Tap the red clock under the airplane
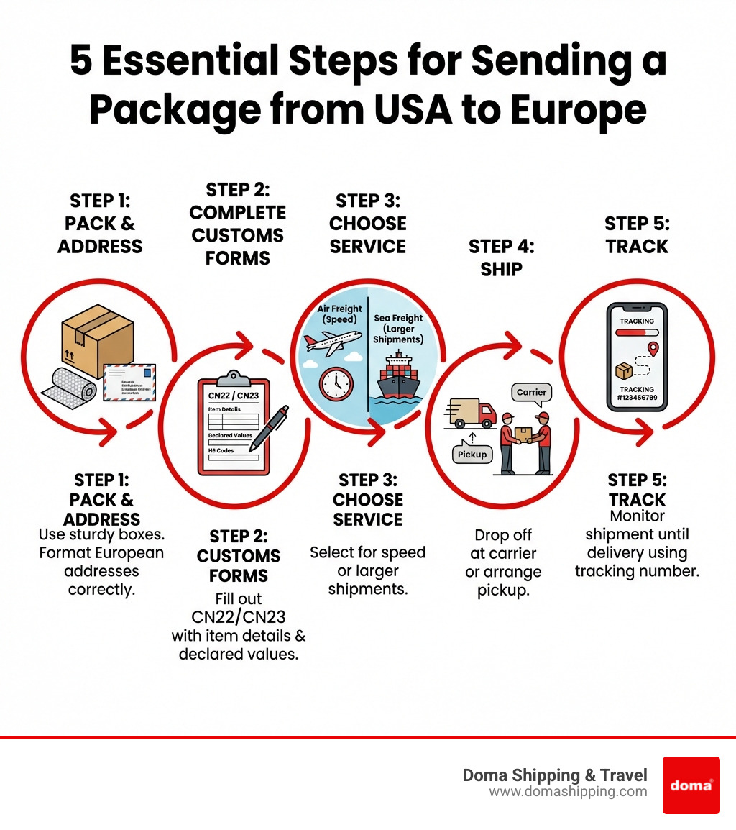tap(336, 383)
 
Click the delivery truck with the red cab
tap(472, 413)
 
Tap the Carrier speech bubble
tap(532, 393)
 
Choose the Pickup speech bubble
tap(471, 454)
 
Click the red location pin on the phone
tap(653, 350)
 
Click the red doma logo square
tap(691, 785)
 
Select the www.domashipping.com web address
tap(568, 792)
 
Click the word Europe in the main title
tap(579, 109)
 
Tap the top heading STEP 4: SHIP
tap(501, 257)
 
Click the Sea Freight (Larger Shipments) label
tap(399, 329)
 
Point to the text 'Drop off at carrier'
tap(502, 544)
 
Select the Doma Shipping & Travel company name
tap(555, 775)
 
